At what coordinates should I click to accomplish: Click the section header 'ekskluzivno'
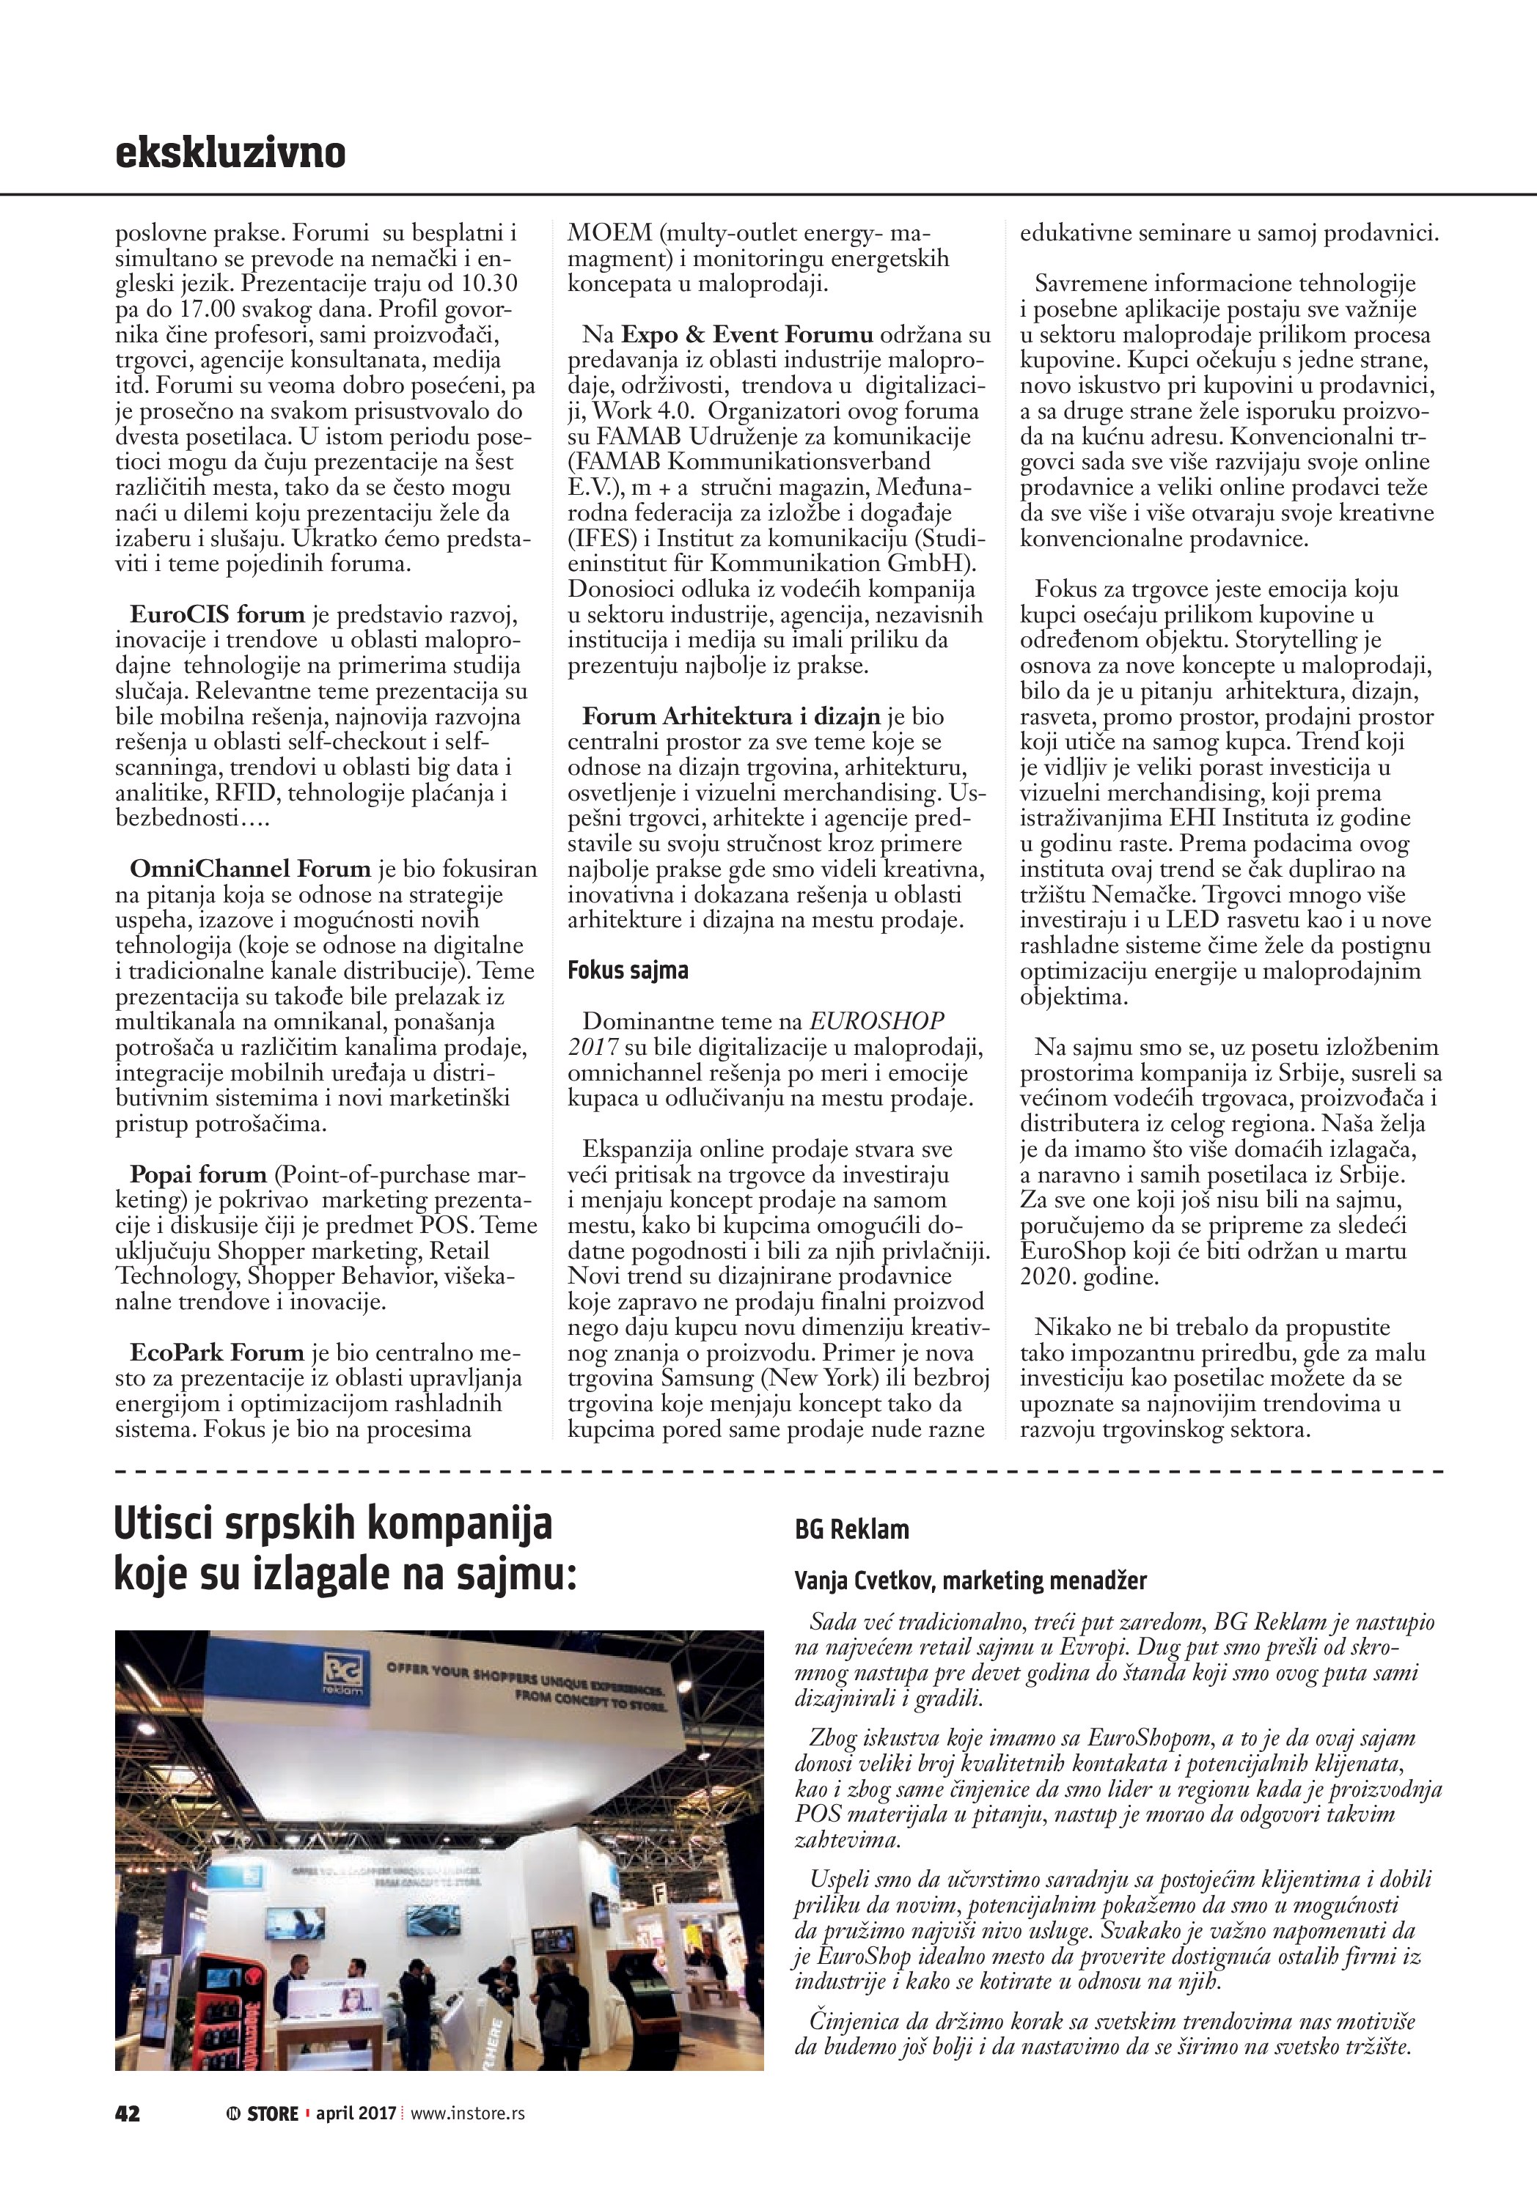pyautogui.click(x=230, y=152)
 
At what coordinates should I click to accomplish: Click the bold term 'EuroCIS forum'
pyautogui.click(x=217, y=614)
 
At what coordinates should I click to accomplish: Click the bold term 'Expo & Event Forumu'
pyautogui.click(x=747, y=334)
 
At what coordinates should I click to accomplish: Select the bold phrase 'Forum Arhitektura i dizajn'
pyautogui.click(x=733, y=716)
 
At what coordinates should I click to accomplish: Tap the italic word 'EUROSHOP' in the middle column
pyautogui.click(x=877, y=1022)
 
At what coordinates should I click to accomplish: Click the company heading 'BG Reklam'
pyautogui.click(x=851, y=1529)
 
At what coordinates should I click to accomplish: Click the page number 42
pyautogui.click(x=128, y=2141)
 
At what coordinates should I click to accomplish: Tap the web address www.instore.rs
pyautogui.click(x=468, y=2141)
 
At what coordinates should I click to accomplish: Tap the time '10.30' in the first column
pyautogui.click(x=488, y=283)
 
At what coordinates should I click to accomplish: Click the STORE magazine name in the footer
pyautogui.click(x=272, y=2141)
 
